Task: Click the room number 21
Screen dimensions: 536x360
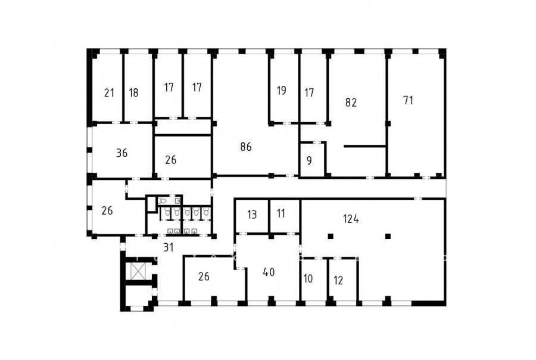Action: pos(109,93)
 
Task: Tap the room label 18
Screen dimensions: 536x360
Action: pos(133,93)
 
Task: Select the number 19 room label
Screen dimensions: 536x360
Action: pos(281,91)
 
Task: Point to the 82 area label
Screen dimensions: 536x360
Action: pos(351,103)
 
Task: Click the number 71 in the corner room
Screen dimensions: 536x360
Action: pos(409,100)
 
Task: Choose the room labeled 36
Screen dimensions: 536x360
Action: pos(122,153)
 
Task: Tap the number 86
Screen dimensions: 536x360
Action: pos(246,147)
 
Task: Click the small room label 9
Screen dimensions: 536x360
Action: pos(309,160)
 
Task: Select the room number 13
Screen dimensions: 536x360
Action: pos(252,215)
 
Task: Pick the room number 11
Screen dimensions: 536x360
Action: pos(281,213)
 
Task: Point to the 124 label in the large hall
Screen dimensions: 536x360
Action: pos(351,219)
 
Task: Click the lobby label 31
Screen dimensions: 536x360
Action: pos(169,247)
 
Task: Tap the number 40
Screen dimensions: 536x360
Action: pos(269,272)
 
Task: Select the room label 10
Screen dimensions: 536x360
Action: pos(308,278)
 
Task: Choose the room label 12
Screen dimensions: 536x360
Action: pos(338,281)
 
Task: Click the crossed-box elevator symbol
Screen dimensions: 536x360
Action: pos(138,272)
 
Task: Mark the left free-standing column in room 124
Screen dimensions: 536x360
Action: pos(330,236)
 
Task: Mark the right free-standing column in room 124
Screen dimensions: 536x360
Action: pos(388,236)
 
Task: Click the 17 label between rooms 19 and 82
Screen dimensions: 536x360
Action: pos(309,93)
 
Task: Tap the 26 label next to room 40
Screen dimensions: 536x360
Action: pos(204,277)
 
